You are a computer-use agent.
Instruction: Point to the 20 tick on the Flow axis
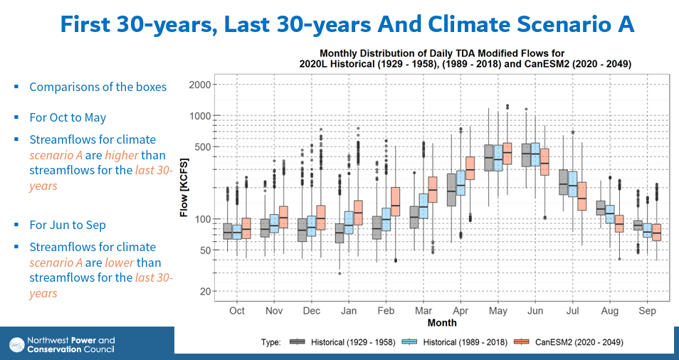tap(206, 292)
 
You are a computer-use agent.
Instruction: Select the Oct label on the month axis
tap(237, 311)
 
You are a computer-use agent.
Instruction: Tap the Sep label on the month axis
tap(647, 311)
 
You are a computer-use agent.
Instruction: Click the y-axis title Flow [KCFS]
tap(184, 188)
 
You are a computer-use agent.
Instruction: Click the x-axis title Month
tap(442, 323)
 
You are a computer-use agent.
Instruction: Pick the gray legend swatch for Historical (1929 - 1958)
tap(298, 342)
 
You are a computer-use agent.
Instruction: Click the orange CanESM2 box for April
tap(470, 168)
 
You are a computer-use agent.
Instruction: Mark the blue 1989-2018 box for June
tap(535, 154)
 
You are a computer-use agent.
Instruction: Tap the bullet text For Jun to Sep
tap(68, 225)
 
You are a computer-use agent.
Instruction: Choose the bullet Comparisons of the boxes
tap(98, 87)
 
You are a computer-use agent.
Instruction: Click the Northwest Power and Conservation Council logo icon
tap(16, 344)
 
